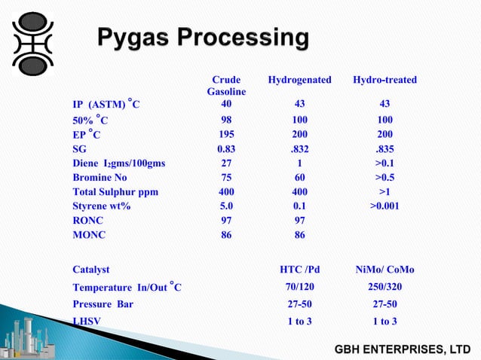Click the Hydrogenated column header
pos(299,80)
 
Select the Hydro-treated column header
pos(384,80)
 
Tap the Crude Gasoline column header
pos(226,85)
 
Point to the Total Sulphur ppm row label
pos(115,192)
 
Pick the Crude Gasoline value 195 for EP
pos(226,134)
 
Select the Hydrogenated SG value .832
pos(299,149)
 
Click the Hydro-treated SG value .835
pos(384,149)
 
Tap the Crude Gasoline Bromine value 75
pos(226,178)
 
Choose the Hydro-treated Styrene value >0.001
pos(384,206)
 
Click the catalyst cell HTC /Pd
pos(299,269)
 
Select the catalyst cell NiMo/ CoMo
pos(384,269)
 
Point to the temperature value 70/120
pos(299,287)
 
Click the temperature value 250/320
pos(384,287)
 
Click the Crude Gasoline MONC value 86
pos(226,235)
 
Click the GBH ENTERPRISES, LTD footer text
pos(403,349)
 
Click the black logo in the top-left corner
pos(35,42)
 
